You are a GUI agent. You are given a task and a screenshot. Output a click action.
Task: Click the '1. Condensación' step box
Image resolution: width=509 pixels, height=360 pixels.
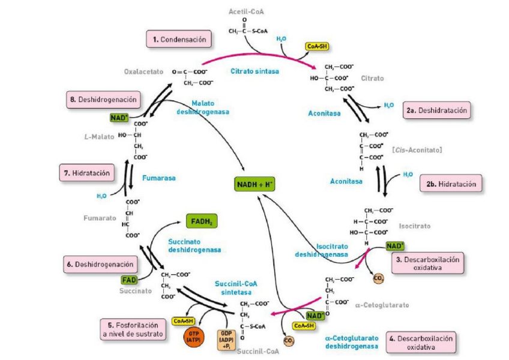click(179, 40)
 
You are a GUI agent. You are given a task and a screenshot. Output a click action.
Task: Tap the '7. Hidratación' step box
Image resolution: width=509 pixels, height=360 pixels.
click(88, 173)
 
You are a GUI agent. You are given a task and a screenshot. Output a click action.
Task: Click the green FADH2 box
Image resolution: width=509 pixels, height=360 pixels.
click(201, 222)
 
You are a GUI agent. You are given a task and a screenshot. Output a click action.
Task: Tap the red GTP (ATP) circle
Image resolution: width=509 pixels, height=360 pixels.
click(194, 337)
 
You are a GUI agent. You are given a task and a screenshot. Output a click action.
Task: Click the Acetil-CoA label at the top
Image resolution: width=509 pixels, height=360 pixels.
click(246, 12)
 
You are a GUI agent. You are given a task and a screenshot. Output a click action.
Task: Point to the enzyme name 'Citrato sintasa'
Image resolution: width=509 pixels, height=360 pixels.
click(254, 71)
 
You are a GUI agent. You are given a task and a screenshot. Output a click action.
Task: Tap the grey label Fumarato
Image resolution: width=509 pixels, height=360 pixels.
click(100, 218)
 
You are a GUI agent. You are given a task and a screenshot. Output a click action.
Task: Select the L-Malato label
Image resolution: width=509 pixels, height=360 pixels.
click(98, 137)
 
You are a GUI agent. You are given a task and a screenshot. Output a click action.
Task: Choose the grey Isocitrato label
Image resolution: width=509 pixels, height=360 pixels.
click(415, 226)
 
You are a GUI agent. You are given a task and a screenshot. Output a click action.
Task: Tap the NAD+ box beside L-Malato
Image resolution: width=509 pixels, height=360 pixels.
click(119, 118)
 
